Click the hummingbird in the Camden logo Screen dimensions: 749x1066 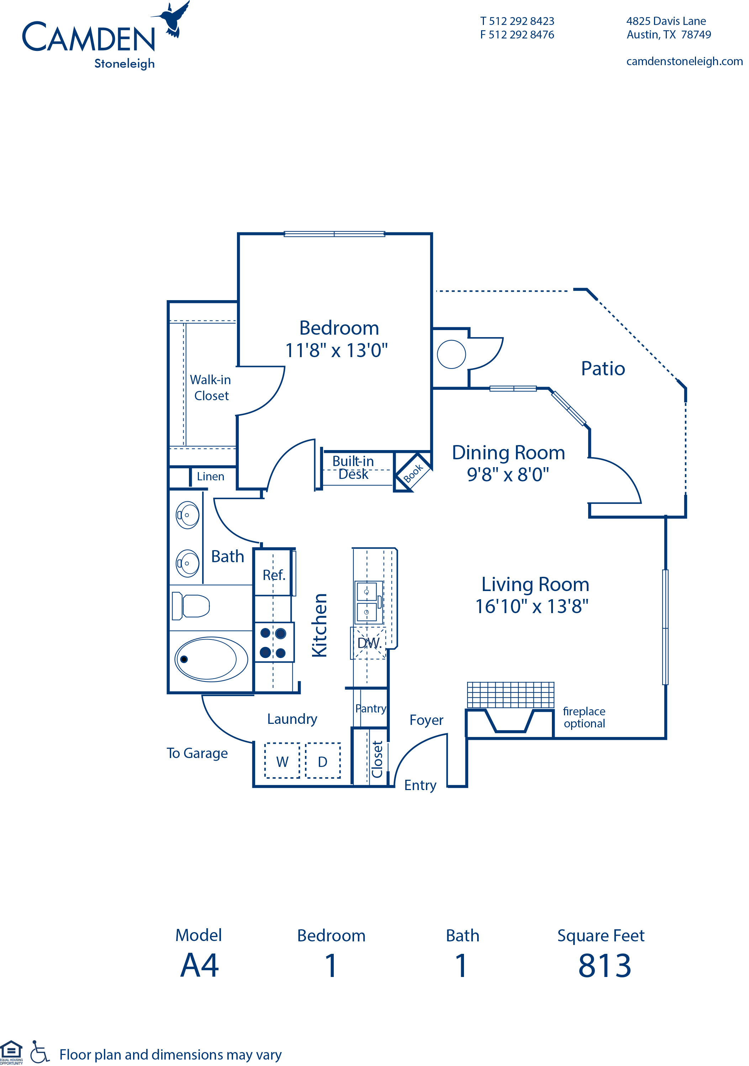[173, 20]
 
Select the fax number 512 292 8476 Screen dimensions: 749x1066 [521, 35]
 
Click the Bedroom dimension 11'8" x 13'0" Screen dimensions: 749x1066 [337, 351]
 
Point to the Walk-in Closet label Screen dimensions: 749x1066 [211, 388]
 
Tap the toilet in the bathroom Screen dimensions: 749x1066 [191, 606]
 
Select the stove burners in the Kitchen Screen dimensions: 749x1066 [273, 643]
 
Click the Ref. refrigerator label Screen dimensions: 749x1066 [274, 575]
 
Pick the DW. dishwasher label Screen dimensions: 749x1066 [369, 643]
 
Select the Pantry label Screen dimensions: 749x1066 [371, 709]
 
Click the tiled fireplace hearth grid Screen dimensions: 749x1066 [511, 695]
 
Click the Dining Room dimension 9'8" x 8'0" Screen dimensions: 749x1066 [508, 475]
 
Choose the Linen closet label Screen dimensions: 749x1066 [210, 476]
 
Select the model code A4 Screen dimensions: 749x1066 [200, 966]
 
